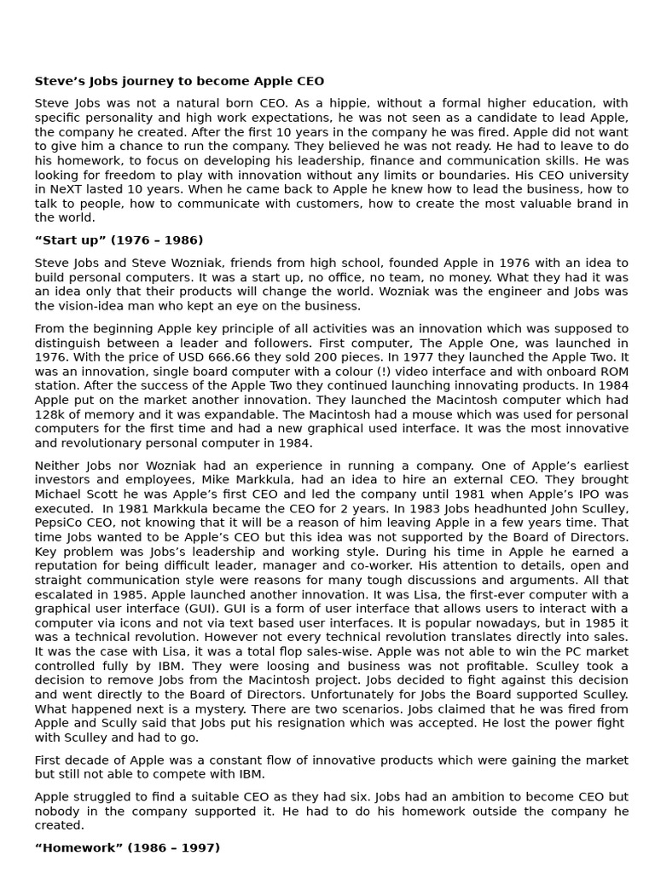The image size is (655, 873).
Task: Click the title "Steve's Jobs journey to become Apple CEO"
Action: pyautogui.click(x=179, y=82)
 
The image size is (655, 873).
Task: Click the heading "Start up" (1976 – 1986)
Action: pyautogui.click(x=119, y=240)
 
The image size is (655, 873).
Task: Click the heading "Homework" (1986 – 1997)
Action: pyautogui.click(x=127, y=848)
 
